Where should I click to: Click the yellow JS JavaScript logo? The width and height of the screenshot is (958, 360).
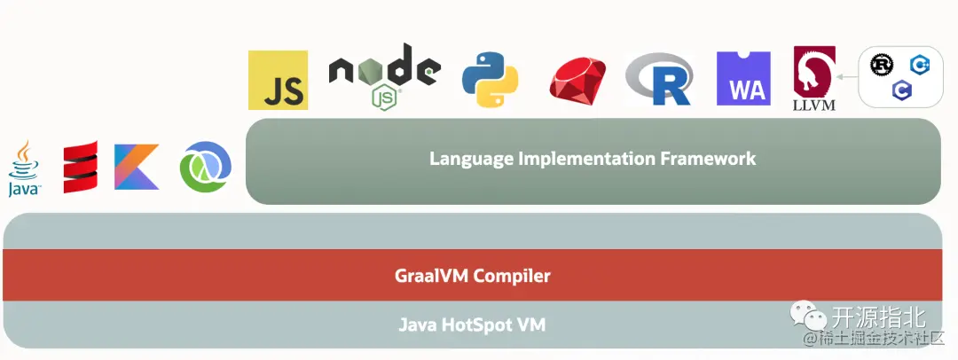pyautogui.click(x=278, y=81)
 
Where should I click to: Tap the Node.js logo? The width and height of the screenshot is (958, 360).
pyautogui.click(x=383, y=76)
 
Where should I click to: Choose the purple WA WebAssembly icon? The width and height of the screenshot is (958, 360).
pyautogui.click(x=743, y=80)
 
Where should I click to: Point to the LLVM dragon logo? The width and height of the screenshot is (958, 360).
pyautogui.click(x=814, y=74)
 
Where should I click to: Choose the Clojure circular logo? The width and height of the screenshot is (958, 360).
pyautogui.click(x=205, y=167)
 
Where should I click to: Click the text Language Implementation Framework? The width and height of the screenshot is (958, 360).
pyautogui.click(x=593, y=159)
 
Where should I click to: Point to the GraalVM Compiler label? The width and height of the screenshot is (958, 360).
pyautogui.click(x=472, y=276)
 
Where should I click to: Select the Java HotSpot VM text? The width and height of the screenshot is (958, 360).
pyautogui.click(x=472, y=325)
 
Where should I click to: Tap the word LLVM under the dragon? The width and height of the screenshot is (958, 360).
pyautogui.click(x=814, y=105)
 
